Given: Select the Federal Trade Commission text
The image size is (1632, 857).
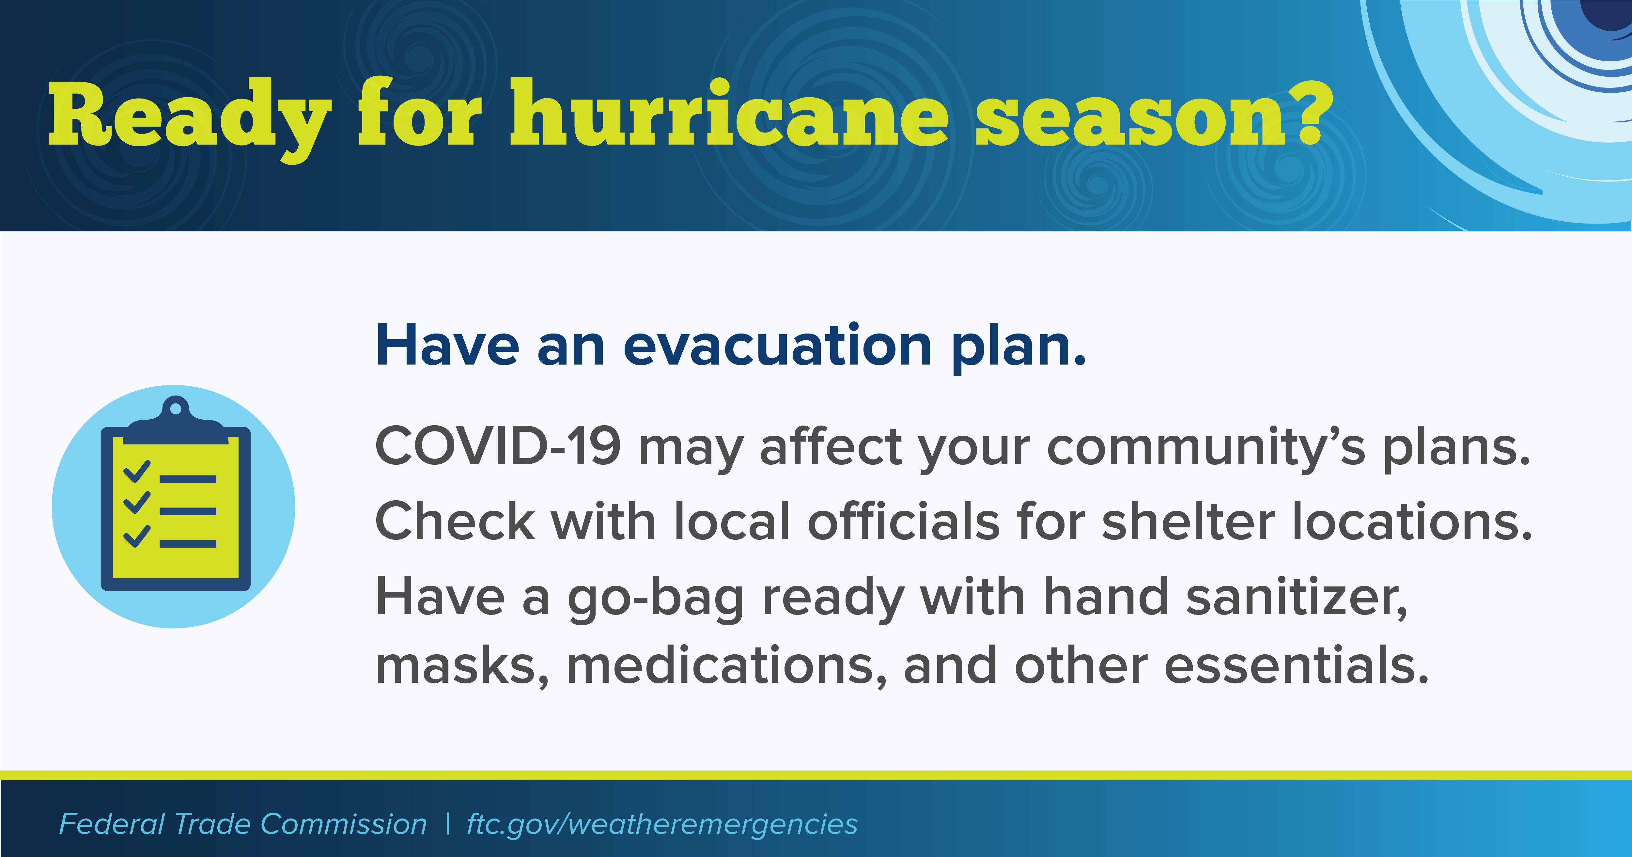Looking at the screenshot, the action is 243,824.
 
